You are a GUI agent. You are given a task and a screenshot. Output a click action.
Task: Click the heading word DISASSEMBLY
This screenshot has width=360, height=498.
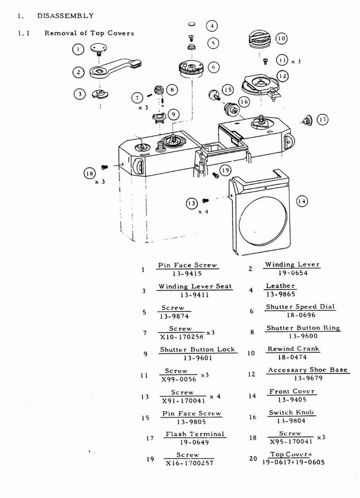tap(65, 16)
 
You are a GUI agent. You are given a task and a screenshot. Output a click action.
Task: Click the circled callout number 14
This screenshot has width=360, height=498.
tap(302, 201)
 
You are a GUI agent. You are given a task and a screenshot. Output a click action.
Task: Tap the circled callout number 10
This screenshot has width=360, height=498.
tap(281, 38)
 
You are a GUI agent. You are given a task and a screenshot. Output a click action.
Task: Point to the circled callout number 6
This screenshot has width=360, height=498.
tap(214, 67)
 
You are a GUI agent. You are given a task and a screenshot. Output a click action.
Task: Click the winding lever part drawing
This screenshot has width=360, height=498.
tap(114, 68)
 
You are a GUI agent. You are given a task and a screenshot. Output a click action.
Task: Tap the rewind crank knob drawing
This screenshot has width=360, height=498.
tap(260, 42)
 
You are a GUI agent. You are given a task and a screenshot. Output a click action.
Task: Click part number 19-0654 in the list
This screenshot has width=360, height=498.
tap(292, 273)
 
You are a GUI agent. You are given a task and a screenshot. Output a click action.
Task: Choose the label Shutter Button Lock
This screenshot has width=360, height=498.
tap(197, 349)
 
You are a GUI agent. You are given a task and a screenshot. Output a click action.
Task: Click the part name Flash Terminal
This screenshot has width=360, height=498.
tap(195, 434)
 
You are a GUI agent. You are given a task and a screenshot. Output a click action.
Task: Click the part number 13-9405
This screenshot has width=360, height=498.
tap(292, 400)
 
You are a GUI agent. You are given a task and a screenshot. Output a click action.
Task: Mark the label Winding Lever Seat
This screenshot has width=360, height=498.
tap(195, 286)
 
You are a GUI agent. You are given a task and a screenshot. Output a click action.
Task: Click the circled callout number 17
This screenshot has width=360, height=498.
tap(323, 120)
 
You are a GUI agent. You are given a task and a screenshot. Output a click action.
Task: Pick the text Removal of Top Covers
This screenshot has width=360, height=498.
tap(89, 33)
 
